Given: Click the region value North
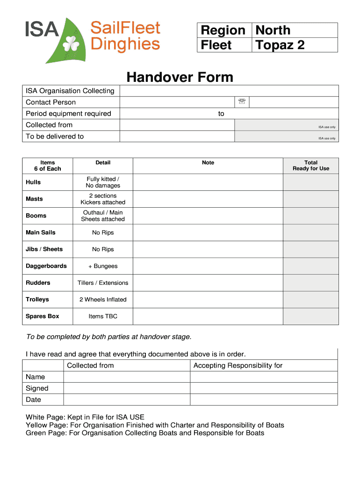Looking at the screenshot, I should (273, 30).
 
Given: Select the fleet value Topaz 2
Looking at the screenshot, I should (280, 45).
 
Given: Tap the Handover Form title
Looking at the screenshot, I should (180, 77).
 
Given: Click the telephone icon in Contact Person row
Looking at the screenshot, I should (242, 102).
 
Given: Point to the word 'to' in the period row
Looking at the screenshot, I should (221, 114).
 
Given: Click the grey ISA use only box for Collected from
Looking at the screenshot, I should (286, 125).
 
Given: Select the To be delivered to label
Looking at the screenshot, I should (55, 136).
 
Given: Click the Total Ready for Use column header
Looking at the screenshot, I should (310, 166).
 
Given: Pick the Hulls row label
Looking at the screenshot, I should (33, 182).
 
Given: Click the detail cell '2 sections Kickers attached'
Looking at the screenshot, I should (103, 199).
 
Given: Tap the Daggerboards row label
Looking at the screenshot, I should (46, 266).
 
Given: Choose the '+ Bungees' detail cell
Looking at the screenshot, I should (103, 266).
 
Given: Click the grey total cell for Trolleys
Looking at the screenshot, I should (310, 299).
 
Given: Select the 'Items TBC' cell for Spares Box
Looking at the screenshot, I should (103, 316).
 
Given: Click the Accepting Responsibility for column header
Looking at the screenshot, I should (238, 365).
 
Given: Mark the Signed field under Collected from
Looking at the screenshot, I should (127, 388).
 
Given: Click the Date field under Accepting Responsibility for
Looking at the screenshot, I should (264, 399).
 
